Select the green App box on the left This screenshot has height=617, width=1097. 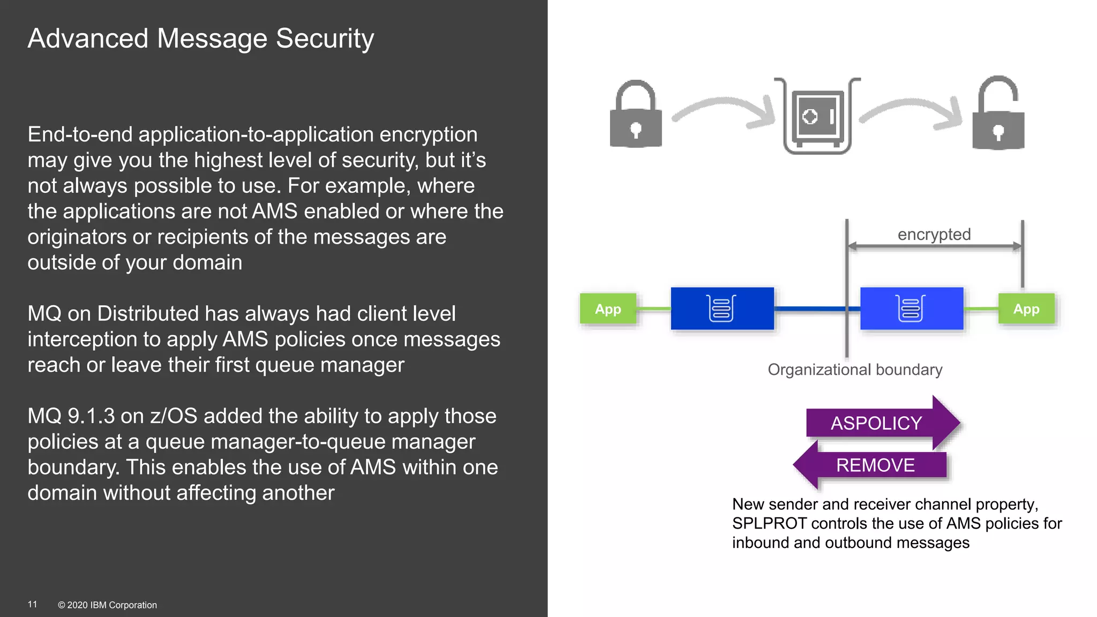608,309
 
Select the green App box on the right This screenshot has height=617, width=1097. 1026,309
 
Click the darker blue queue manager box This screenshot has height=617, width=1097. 722,308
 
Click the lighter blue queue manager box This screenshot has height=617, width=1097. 911,308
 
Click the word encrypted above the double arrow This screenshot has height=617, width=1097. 934,235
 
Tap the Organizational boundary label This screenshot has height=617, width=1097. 855,370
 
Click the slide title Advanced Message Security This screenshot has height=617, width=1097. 201,39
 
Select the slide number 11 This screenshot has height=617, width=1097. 32,604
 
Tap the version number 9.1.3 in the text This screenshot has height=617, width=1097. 91,416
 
